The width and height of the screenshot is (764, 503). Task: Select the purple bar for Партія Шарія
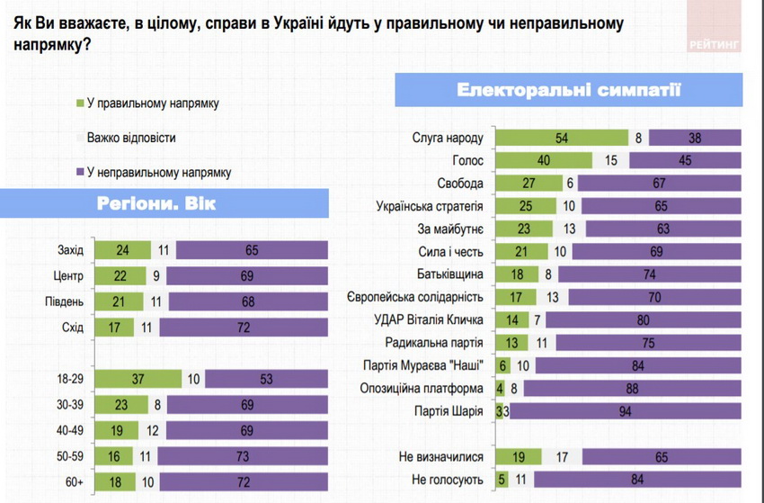pyautogui.click(x=625, y=412)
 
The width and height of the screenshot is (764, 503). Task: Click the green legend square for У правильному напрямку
pyautogui.click(x=80, y=103)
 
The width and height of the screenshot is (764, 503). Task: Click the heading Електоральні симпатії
pyautogui.click(x=569, y=90)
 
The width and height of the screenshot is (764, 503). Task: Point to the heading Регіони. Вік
pyautogui.click(x=156, y=203)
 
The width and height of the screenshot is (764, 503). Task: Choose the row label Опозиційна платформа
pyautogui.click(x=431, y=389)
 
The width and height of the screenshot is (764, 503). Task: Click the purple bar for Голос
pyautogui.click(x=685, y=160)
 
